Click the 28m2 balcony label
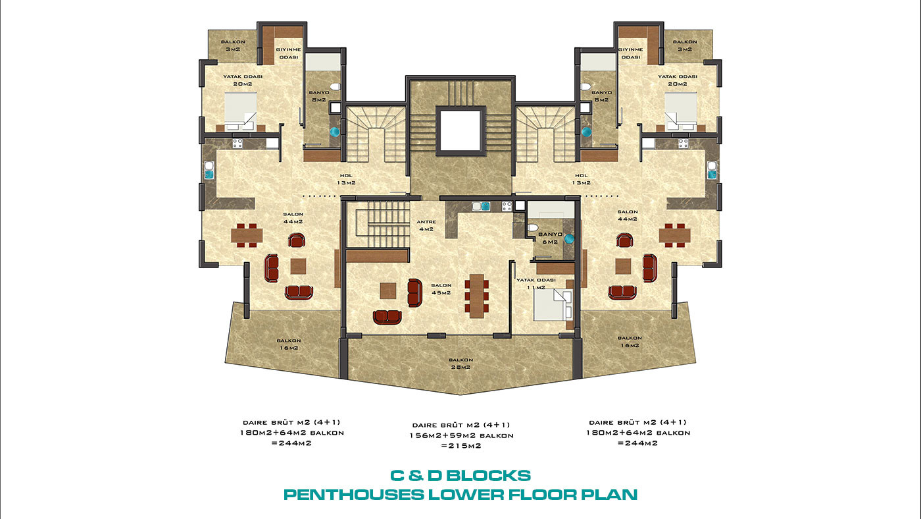click(x=460, y=364)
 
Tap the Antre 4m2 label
click(x=426, y=225)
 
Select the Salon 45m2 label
click(x=441, y=289)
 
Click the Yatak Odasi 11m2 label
click(x=535, y=284)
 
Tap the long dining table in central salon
click(x=477, y=296)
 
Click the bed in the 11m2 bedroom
click(x=553, y=305)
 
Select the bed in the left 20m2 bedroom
click(x=241, y=111)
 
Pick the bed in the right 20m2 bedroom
click(x=680, y=111)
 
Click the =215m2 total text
click(x=461, y=446)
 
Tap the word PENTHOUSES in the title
click(x=354, y=495)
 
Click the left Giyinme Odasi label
click(x=289, y=53)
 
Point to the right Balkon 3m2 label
click(x=685, y=45)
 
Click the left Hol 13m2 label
click(x=346, y=179)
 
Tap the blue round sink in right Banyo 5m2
click(x=586, y=132)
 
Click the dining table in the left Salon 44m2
click(x=247, y=235)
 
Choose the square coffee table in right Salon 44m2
click(x=624, y=266)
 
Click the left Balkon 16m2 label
click(x=289, y=344)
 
